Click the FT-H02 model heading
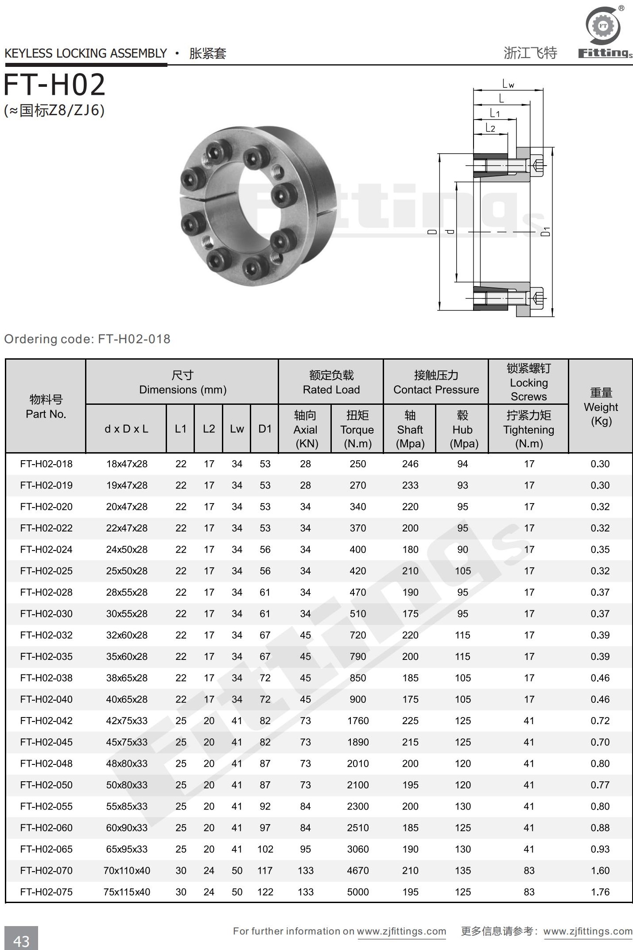[54, 85]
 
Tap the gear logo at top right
[603, 26]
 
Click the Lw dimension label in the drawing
[508, 84]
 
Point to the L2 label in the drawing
[490, 128]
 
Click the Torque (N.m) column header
[357, 429]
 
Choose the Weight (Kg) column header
[601, 407]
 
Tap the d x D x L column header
[126, 429]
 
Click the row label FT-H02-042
[46, 721]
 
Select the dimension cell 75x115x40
[127, 892]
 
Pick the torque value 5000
[357, 892]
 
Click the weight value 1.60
[600, 871]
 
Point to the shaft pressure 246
[410, 464]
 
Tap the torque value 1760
[357, 721]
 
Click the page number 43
[21, 941]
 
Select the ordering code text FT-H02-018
[134, 339]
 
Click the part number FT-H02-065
[46, 849]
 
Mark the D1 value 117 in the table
[265, 871]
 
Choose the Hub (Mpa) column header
[462, 429]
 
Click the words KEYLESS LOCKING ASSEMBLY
[85, 54]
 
